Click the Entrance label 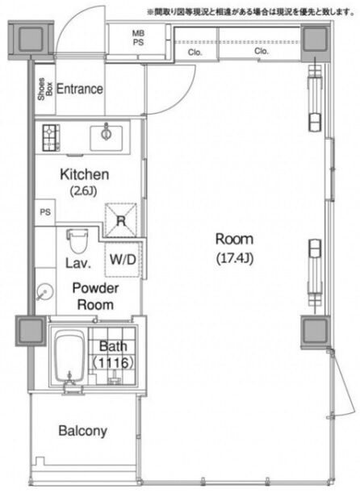(80, 89)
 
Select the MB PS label (138, 37)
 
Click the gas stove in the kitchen (51, 138)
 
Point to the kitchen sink (107, 138)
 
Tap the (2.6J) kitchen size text (83, 191)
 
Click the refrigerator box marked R (121, 220)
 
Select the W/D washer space (123, 259)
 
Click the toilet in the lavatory (77, 240)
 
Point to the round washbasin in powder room (44, 292)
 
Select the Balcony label (83, 431)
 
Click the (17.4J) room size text (235, 258)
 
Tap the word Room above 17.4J (234, 239)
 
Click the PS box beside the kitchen (45, 212)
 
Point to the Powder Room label (95, 296)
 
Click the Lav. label (78, 263)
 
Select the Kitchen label (85, 174)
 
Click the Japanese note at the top (251, 12)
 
